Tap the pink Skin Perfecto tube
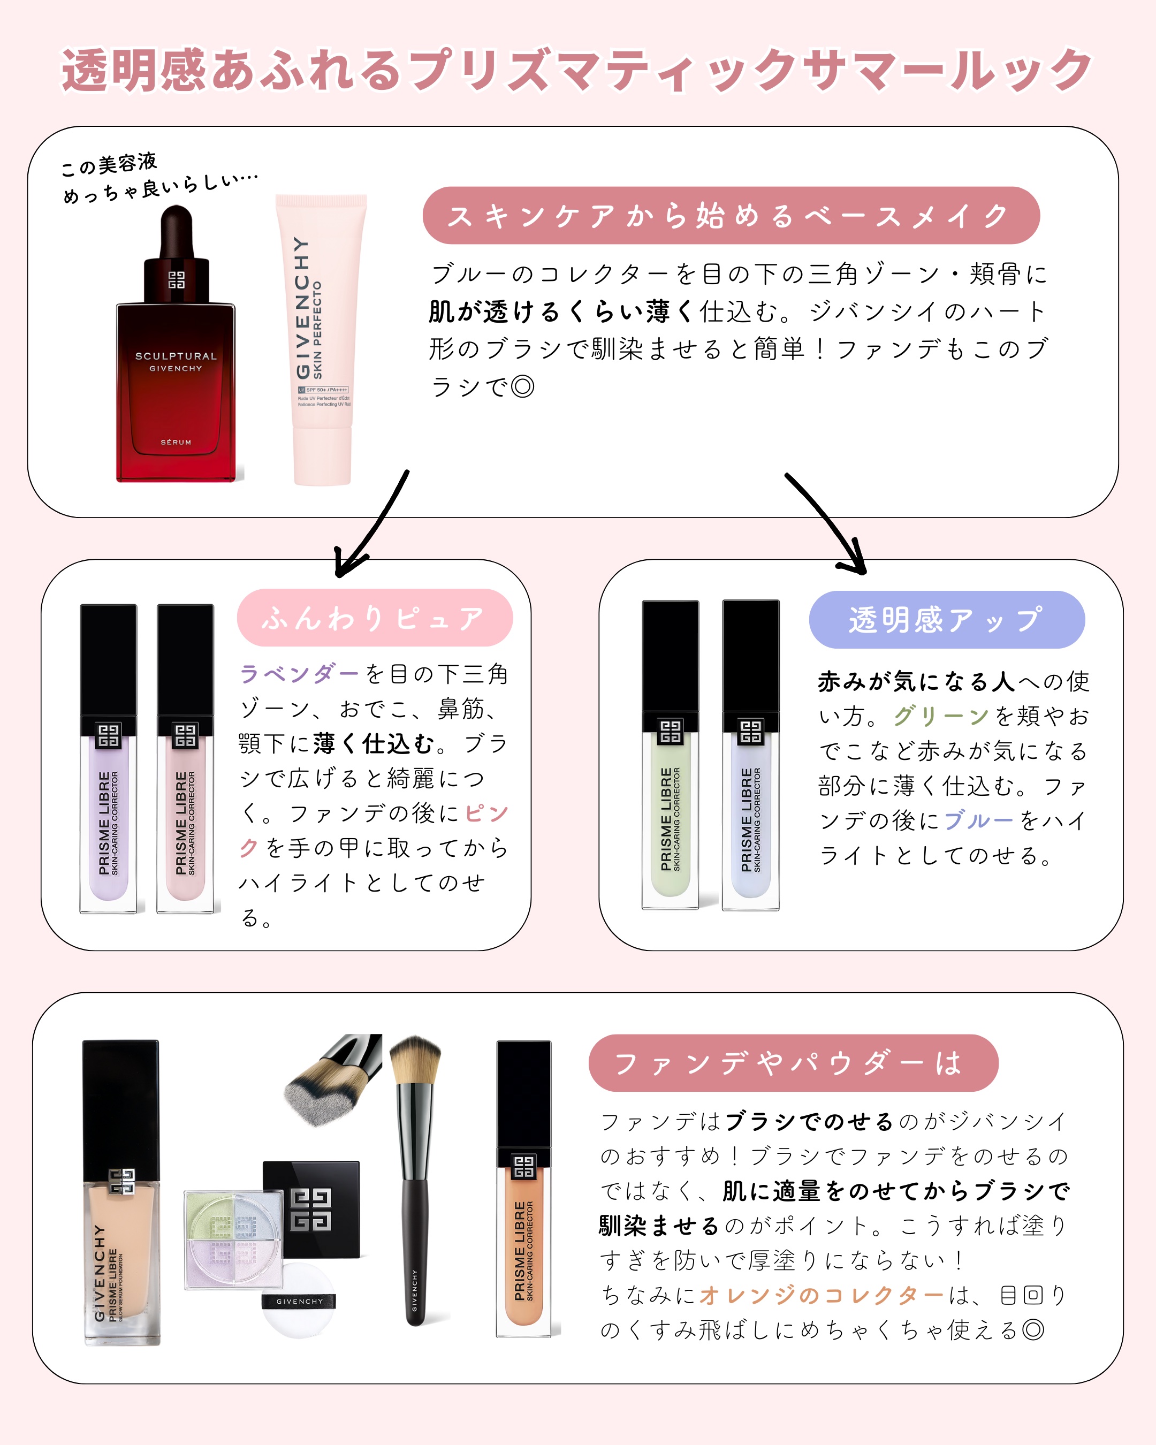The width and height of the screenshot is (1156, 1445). [x=322, y=342]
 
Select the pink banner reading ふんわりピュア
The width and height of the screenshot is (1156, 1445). [x=375, y=617]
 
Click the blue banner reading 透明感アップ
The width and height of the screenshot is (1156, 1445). [x=946, y=619]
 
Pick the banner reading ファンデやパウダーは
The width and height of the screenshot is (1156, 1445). [x=793, y=1063]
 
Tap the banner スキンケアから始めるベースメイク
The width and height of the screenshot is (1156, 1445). [x=731, y=216]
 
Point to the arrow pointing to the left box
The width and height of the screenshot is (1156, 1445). [x=369, y=529]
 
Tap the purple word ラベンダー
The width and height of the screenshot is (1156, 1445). [x=299, y=674]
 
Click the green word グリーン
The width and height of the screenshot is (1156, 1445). [x=941, y=716]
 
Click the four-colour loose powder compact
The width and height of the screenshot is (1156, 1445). [x=234, y=1240]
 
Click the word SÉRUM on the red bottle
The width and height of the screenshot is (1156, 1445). [x=176, y=443]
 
